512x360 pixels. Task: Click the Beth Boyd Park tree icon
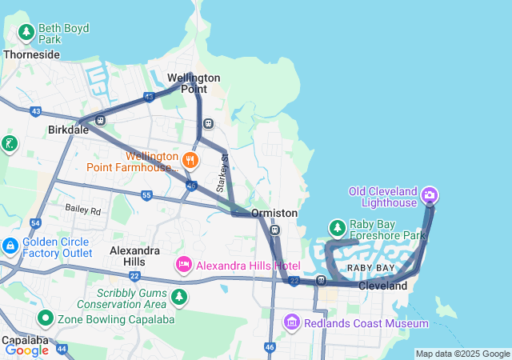tap(26, 33)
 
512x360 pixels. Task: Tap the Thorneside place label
tap(31, 54)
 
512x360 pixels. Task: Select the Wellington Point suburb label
tap(194, 83)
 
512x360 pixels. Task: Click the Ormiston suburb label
tap(274, 213)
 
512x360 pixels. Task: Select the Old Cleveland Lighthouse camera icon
tap(430, 194)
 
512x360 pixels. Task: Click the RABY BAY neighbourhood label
tap(370, 267)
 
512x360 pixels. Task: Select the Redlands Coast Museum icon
tap(292, 323)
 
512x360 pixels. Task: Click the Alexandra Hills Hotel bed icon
tap(183, 265)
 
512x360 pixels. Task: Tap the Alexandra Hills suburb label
tap(134, 256)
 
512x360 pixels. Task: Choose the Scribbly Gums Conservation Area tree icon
tap(178, 298)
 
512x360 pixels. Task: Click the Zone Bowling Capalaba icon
tap(46, 318)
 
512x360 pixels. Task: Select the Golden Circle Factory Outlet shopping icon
tap(10, 246)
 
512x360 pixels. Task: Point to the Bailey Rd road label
tap(83, 210)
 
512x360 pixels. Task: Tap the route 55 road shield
tap(146, 194)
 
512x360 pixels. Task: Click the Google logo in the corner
tap(26, 350)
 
